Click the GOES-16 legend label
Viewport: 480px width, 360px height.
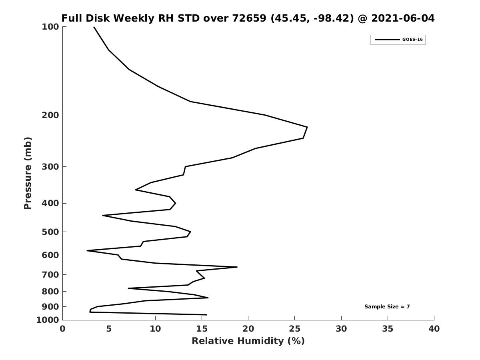412,40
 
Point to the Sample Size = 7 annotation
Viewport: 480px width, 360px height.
387,307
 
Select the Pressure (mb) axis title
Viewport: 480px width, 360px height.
28,173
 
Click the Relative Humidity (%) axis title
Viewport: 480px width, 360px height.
248,341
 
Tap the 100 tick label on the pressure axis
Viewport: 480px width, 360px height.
50,27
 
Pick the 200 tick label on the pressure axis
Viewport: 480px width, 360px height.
50,115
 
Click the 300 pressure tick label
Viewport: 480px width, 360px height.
50,167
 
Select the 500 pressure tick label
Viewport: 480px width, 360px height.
50,232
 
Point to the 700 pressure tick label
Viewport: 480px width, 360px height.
50,275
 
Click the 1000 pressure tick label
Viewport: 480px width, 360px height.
48,320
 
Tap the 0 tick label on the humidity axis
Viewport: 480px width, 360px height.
63,329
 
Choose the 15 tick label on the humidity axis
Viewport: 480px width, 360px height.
202,329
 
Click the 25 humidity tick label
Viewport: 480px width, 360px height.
294,329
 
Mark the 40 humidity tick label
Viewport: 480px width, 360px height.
434,329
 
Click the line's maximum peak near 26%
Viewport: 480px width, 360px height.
307,127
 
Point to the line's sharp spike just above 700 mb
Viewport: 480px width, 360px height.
237,267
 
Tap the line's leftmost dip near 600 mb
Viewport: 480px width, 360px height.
87,251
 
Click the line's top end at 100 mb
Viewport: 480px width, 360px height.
94,27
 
